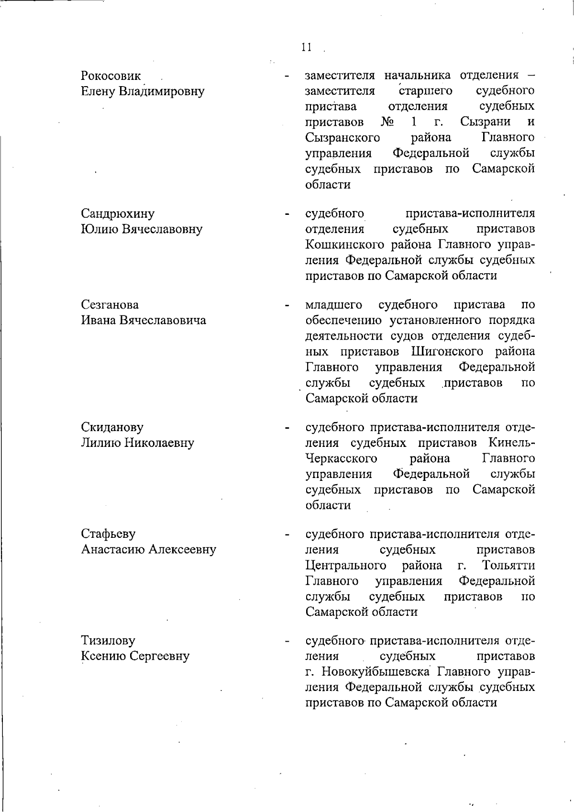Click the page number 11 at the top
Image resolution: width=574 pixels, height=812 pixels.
[x=307, y=47]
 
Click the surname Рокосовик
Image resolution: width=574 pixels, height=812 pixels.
[x=111, y=76]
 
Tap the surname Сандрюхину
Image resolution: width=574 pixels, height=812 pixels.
[x=118, y=213]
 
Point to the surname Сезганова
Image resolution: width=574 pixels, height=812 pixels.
[x=110, y=305]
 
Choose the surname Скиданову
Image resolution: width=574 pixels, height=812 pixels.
[x=112, y=427]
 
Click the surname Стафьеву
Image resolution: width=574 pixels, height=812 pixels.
[x=108, y=534]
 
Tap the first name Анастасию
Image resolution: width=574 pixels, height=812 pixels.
[x=113, y=549]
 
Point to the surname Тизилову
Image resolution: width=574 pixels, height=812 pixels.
[x=108, y=640]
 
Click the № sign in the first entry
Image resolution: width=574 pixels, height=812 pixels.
[x=388, y=122]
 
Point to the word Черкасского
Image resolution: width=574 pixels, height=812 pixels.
[x=341, y=458]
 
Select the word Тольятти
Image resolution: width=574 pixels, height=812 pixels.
[x=508, y=566]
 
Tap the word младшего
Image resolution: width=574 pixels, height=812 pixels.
[x=334, y=305]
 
